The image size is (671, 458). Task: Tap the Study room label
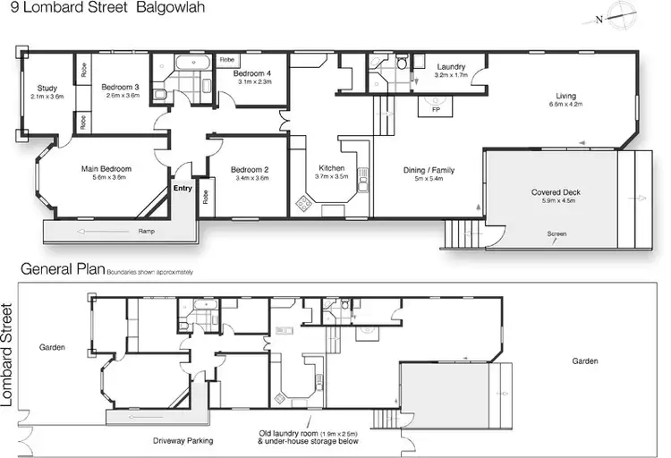(x=47, y=88)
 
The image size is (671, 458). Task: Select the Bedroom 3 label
(x=120, y=87)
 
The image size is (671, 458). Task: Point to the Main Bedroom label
(x=106, y=169)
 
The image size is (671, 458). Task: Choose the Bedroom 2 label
(x=250, y=170)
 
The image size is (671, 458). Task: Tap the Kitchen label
(x=332, y=168)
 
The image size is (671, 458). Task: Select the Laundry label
(x=450, y=67)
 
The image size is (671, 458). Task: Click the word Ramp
(x=146, y=232)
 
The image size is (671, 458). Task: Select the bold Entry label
(x=183, y=189)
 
